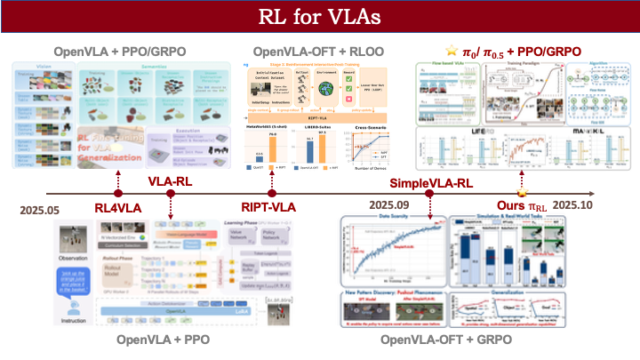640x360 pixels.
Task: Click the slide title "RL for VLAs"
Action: tap(320, 19)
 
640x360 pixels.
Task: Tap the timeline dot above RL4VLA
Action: tap(116, 193)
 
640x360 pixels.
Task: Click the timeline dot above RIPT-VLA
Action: tap(273, 193)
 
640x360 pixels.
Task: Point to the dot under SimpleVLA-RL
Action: tap(429, 193)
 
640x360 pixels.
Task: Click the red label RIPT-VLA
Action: tap(274, 208)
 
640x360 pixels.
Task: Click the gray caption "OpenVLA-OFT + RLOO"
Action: tap(318, 52)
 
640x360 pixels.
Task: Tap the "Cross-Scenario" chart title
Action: tap(351, 130)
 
